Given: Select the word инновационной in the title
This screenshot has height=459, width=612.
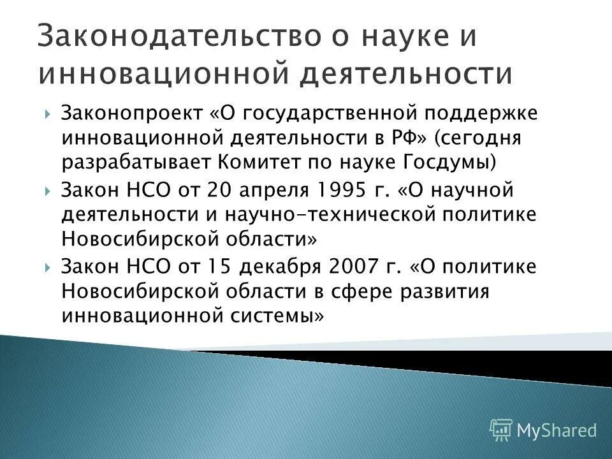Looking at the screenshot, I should (x=162, y=74).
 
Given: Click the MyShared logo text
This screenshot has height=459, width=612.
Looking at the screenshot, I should (x=556, y=430).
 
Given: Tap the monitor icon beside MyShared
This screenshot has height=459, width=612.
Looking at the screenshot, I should (x=501, y=430).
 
